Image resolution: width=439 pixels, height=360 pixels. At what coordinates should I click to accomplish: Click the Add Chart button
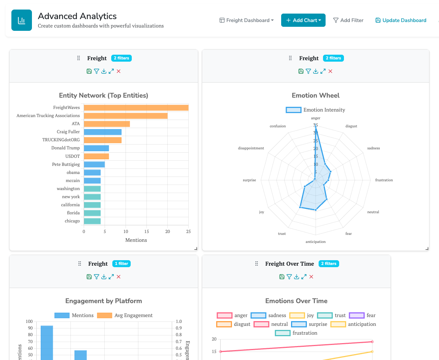click(x=303, y=20)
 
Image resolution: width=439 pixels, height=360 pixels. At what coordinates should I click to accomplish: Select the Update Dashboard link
click(x=401, y=20)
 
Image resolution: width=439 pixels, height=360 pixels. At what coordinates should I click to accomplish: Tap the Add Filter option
click(x=348, y=20)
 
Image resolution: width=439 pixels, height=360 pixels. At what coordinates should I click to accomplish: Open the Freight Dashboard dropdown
click(x=247, y=20)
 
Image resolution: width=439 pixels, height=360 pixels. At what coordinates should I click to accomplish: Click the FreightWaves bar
click(x=136, y=108)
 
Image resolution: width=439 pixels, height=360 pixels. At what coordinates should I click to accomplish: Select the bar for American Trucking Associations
click(x=126, y=116)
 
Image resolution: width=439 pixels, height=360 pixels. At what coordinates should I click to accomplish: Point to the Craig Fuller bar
click(x=102, y=132)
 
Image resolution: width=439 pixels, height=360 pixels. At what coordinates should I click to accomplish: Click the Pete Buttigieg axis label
click(x=66, y=164)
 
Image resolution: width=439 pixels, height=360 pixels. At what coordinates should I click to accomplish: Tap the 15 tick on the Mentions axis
click(x=146, y=232)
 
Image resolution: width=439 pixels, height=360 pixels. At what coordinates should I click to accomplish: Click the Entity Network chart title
click(x=104, y=95)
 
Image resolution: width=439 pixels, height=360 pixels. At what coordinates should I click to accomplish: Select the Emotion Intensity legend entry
click(x=316, y=110)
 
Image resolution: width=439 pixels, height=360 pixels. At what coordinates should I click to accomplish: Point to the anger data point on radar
click(x=315, y=127)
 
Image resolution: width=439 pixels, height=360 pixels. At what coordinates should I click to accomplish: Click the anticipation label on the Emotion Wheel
click(x=316, y=241)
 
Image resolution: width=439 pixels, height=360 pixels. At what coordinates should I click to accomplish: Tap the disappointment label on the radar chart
click(x=251, y=148)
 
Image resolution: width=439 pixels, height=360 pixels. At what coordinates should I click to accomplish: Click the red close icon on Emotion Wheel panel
click(x=330, y=71)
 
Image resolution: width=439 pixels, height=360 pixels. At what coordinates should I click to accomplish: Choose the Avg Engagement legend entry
click(x=125, y=315)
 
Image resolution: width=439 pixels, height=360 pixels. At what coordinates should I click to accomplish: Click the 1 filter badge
click(x=121, y=263)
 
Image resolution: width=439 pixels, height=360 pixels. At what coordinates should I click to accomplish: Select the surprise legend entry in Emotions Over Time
click(x=309, y=324)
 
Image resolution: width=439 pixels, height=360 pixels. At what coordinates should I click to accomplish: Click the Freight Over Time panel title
click(x=290, y=263)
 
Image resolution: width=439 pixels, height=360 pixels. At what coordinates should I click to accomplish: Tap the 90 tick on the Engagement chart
click(x=29, y=328)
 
